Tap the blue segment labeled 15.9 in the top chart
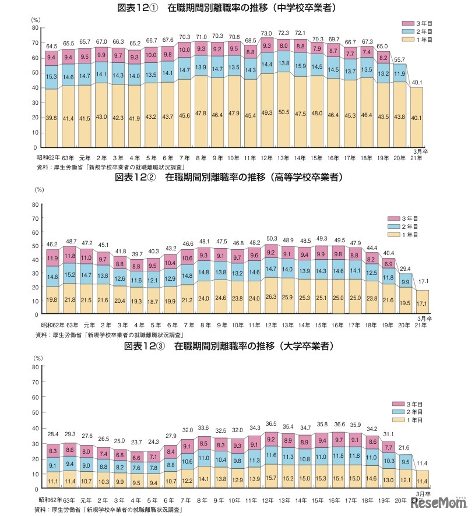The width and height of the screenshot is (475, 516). tap(301, 66)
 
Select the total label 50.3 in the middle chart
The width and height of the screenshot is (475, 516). tap(266, 239)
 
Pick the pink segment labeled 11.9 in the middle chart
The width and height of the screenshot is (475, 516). tap(52, 257)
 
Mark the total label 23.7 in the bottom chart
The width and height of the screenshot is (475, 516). tap(137, 443)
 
